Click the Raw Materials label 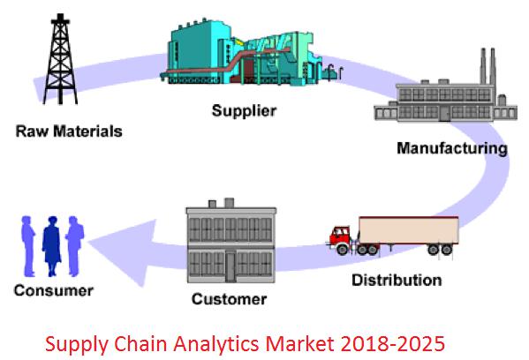(69, 131)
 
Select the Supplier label (244, 111)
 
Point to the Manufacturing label (452, 148)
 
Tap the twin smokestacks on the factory (487, 65)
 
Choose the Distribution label (397, 280)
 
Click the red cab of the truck (341, 236)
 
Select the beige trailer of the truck (409, 230)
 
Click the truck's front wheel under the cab (342, 249)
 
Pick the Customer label (229, 299)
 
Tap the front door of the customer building (230, 266)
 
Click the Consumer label (54, 290)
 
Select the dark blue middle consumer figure (51, 246)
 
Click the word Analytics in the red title (217, 344)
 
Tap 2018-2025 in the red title (392, 344)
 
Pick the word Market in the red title (300, 344)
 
